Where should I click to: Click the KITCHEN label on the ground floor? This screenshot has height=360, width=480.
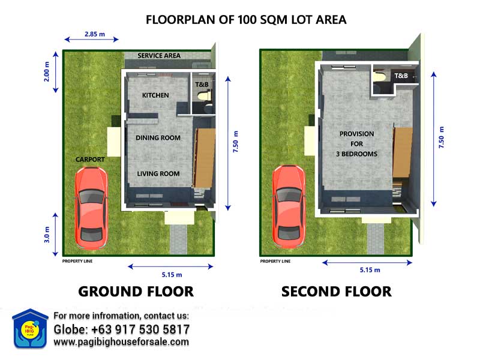coord(155,95)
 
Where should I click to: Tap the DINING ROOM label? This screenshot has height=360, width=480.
coord(158,138)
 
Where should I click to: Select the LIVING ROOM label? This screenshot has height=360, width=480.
coord(158,173)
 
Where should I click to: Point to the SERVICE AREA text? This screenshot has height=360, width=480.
coord(159,55)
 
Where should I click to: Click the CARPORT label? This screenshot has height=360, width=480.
coord(90,160)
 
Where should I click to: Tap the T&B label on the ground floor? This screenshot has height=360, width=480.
coord(202,85)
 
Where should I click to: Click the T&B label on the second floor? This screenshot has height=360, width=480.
coord(401,76)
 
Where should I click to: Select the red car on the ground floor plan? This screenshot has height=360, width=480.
coord(91,208)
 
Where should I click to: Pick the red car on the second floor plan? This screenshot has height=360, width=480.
coord(289,206)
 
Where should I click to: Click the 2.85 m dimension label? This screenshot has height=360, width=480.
coord(95,34)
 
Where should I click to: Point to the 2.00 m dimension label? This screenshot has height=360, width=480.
coord(47,71)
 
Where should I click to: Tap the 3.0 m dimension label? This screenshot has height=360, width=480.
coord(47,235)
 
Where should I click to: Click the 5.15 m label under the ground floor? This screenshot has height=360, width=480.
coord(172,275)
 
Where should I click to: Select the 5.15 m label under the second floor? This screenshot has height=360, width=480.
coord(370,269)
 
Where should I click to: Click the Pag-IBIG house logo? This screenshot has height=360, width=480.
coord(30,328)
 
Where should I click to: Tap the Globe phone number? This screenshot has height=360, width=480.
coord(122,329)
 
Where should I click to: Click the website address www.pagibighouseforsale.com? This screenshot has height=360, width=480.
coord(121,341)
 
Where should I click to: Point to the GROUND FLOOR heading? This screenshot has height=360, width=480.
coord(136,292)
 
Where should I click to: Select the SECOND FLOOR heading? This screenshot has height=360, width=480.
coord(337,292)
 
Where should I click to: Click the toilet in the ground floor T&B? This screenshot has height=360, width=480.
coord(205,95)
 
